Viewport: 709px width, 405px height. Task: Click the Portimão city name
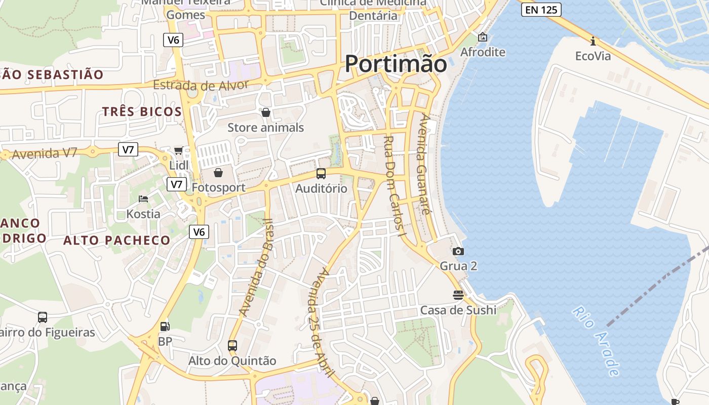396,64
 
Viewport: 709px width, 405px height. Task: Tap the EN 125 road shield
541,10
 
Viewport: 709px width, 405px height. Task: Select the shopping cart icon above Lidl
178,150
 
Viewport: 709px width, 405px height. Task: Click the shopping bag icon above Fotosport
218,173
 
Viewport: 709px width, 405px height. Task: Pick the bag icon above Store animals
265,112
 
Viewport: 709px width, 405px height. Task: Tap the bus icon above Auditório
321,174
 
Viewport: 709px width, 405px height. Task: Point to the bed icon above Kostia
143,199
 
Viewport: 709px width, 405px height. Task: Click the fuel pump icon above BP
165,327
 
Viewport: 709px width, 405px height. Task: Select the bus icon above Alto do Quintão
232,346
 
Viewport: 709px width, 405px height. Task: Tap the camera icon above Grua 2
458,251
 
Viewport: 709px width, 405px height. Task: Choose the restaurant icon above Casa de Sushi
458,295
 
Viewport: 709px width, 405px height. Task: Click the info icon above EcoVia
593,41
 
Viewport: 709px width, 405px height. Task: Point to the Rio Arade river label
597,341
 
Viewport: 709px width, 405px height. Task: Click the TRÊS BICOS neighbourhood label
142,112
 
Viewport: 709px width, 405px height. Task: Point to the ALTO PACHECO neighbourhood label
116,240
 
